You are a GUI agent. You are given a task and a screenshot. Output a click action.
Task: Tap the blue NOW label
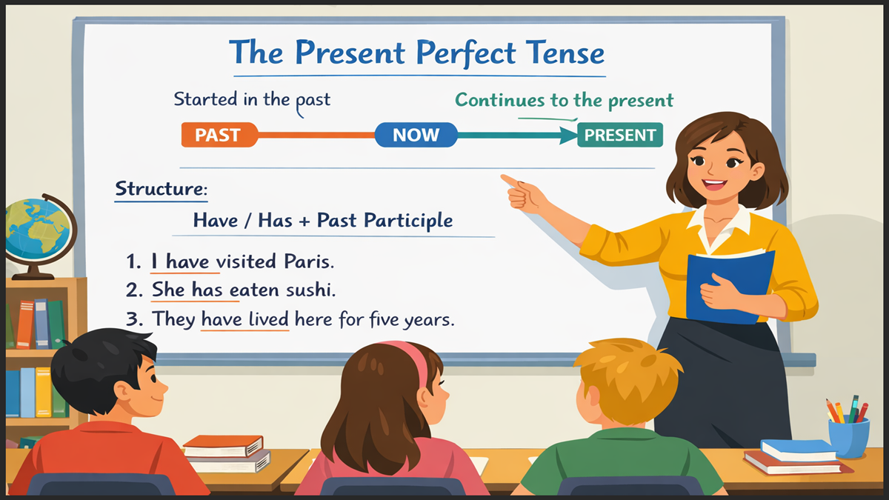point(416,135)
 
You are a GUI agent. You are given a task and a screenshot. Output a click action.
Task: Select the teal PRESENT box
point(620,135)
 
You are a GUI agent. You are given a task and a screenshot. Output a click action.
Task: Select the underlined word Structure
point(161,189)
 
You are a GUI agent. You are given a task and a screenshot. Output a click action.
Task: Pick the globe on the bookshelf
point(37,230)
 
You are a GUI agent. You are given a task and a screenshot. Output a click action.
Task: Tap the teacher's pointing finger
point(510,180)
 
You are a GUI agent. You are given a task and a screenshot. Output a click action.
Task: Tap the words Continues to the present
point(564,100)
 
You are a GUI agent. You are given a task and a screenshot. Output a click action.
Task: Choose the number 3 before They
point(133,319)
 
